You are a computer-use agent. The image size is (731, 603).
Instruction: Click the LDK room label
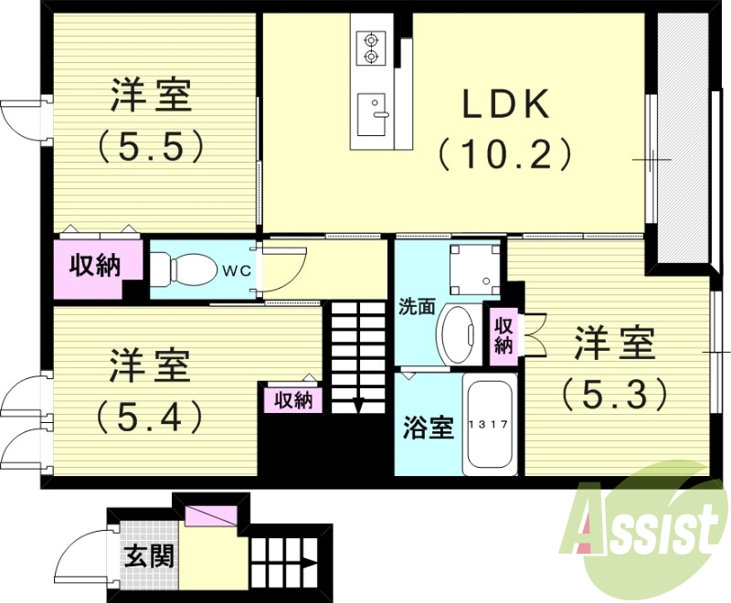tap(504, 106)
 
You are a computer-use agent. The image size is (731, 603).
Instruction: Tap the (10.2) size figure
tap(504, 153)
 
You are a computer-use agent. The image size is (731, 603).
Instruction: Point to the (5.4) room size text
tap(149, 416)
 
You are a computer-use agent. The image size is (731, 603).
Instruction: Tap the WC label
tap(235, 270)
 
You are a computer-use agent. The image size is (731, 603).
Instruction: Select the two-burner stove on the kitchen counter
tap(372, 48)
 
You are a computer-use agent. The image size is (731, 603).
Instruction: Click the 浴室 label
tap(429, 427)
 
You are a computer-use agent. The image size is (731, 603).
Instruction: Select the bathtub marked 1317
tap(490, 425)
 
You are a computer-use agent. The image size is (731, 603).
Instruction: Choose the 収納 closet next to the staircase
tap(292, 399)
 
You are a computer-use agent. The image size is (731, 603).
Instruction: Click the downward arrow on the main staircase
tap(358, 404)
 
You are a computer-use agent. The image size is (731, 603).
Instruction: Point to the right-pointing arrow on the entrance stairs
tap(308, 564)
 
